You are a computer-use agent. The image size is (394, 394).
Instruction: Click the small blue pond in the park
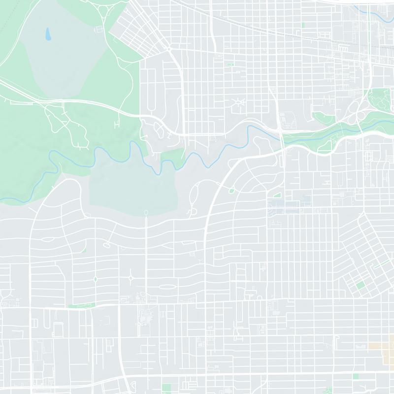click(x=48, y=34)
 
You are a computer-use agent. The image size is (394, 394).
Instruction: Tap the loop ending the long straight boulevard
click(x=146, y=212)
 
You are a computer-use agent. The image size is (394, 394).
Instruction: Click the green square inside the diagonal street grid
click(x=361, y=285)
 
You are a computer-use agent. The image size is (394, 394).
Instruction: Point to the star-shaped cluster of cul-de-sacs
click(x=240, y=103)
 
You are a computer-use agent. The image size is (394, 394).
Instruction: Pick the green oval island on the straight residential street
click(x=95, y=279)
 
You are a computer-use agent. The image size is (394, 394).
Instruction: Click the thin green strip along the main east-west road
click(x=81, y=306)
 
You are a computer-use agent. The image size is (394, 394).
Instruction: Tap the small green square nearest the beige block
click(x=356, y=376)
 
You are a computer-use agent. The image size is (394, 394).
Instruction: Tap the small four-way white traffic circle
click(x=131, y=278)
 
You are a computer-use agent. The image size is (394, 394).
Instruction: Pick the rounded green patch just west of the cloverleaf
click(x=323, y=118)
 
